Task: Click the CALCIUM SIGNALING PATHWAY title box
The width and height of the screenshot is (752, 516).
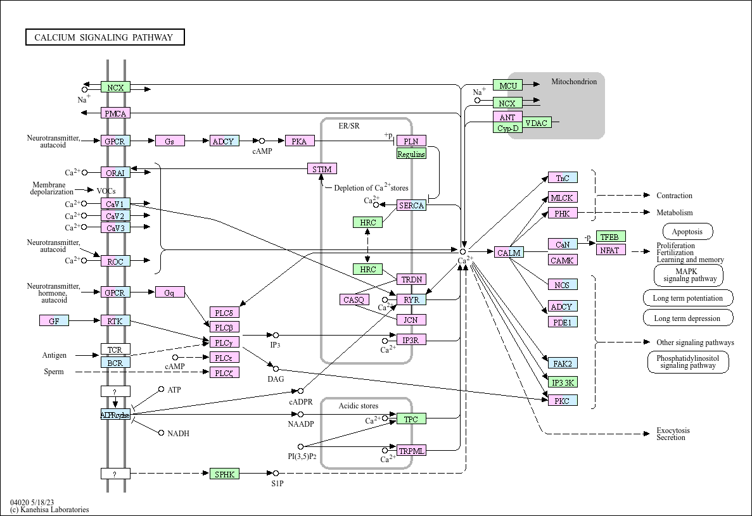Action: (x=105, y=37)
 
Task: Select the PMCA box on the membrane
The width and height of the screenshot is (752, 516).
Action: (x=115, y=113)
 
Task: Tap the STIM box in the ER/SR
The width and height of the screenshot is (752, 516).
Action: (x=322, y=169)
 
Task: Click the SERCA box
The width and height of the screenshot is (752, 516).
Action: (x=411, y=206)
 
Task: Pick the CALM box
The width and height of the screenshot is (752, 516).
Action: (x=509, y=253)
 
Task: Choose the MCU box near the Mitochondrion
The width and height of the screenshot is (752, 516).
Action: (x=508, y=85)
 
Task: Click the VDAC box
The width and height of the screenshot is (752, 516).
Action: (x=537, y=123)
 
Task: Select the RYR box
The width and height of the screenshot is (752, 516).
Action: (x=411, y=299)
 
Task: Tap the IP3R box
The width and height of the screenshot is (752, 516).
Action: (x=411, y=340)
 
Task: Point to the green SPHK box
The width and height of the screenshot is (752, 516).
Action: (x=225, y=473)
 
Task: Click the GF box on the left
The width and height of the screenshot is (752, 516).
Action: (x=54, y=321)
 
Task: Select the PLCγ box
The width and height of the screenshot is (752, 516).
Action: (x=225, y=343)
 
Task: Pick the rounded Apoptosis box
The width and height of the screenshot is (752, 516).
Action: (x=687, y=232)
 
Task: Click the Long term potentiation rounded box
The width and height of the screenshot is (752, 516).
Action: (x=688, y=298)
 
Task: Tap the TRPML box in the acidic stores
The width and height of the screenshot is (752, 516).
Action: (x=411, y=451)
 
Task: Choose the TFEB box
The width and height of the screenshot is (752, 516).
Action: (x=611, y=237)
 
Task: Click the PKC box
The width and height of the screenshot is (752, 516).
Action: (x=563, y=400)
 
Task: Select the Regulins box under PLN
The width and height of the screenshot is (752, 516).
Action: (x=411, y=154)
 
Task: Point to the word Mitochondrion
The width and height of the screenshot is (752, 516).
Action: (x=574, y=82)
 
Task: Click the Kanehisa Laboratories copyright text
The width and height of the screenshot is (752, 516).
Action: (x=49, y=510)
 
